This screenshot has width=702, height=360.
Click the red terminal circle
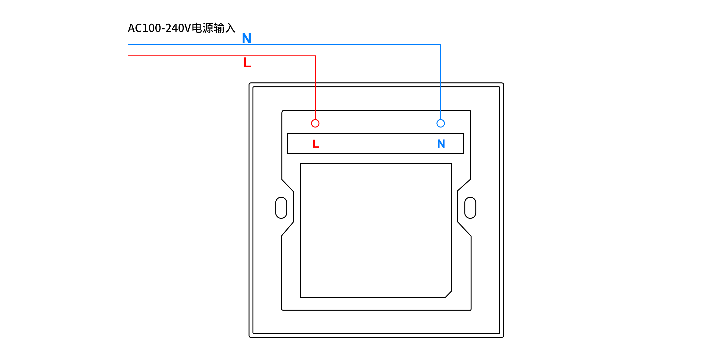point(315,124)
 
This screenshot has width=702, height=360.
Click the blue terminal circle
point(440,124)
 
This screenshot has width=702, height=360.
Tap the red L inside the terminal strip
point(316,144)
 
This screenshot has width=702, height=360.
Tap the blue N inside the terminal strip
point(441,144)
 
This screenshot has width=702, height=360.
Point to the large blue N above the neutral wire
point(246,38)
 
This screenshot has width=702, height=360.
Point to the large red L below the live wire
point(247,63)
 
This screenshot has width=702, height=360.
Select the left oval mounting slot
point(281,208)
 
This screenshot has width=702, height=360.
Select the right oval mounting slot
point(470,208)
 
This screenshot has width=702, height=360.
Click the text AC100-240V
point(159,28)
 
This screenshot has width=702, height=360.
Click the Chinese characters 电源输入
point(214,28)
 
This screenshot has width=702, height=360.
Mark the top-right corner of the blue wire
point(440,45)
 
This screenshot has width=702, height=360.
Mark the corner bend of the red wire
point(315,56)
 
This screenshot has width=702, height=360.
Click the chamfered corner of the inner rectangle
point(448,294)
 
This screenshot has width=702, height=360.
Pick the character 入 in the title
point(230,28)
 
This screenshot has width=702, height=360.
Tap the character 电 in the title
point(197,28)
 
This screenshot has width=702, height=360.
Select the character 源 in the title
point(208,28)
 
